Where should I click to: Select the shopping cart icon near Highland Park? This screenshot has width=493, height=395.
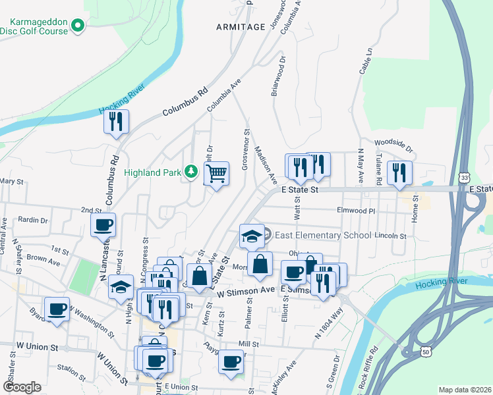[x=217, y=174]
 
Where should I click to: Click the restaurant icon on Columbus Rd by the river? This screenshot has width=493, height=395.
[x=116, y=122]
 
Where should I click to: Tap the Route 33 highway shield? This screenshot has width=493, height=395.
[x=465, y=178]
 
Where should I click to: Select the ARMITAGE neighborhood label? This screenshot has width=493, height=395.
[x=240, y=26]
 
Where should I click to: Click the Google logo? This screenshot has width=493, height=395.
[x=21, y=387]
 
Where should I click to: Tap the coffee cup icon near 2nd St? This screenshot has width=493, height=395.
[x=103, y=226]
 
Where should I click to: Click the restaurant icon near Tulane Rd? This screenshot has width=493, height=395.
[x=399, y=174]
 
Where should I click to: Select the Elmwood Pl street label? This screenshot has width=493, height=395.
[x=355, y=211]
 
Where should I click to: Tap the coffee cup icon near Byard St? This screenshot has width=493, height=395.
[x=57, y=309]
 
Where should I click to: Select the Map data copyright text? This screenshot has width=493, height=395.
[x=465, y=390]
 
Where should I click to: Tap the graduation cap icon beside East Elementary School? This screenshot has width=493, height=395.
[x=251, y=236]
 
